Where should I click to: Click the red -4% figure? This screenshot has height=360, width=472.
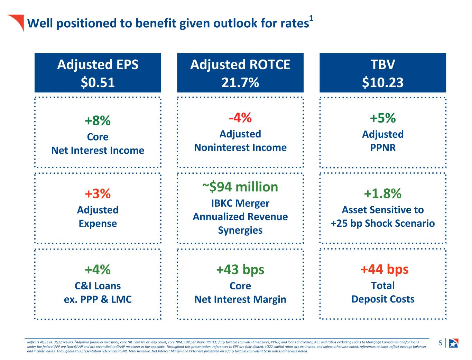pos(240,118)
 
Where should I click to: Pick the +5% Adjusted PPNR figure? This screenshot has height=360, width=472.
pos(383,118)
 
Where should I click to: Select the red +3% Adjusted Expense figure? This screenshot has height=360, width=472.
pos(98,193)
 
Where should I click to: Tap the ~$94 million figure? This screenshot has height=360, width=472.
pos(240,187)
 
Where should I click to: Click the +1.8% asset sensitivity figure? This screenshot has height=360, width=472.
pos(383,193)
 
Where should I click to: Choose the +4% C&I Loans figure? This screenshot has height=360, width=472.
pos(98,269)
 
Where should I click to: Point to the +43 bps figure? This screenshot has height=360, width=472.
pos(240,270)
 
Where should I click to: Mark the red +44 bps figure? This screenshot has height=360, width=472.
pos(385,269)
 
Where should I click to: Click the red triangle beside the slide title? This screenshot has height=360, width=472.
pos(18,21)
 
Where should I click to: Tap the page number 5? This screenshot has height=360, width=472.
pos(441,343)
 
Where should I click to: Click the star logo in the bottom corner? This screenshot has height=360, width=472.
pos(454,343)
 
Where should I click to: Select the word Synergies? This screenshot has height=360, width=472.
pos(240,231)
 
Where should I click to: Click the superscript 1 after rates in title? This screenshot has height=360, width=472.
pos(311,18)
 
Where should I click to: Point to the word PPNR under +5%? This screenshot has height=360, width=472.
pos(383,147)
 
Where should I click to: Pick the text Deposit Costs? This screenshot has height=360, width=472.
pos(383,299)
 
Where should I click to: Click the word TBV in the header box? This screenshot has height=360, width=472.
pos(383,64)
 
